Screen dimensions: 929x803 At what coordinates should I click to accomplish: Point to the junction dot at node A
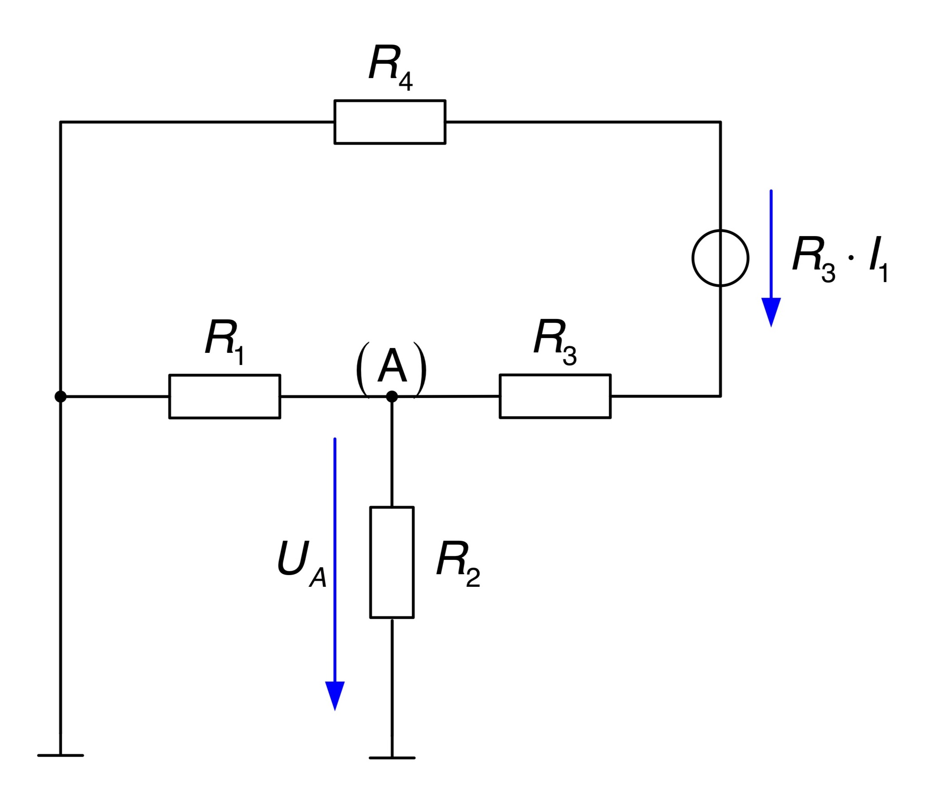[392, 396]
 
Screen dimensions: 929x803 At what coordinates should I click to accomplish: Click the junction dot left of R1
[60, 396]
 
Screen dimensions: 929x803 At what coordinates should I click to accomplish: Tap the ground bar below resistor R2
[392, 758]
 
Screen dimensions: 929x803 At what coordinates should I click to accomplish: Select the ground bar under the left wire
[60, 756]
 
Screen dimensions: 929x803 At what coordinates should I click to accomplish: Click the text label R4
[391, 67]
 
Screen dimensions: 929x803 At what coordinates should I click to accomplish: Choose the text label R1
[224, 342]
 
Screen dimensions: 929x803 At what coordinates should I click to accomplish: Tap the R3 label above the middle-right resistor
[555, 342]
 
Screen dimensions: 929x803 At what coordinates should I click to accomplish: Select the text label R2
[458, 563]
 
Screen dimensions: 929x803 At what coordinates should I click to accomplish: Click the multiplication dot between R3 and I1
[851, 258]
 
